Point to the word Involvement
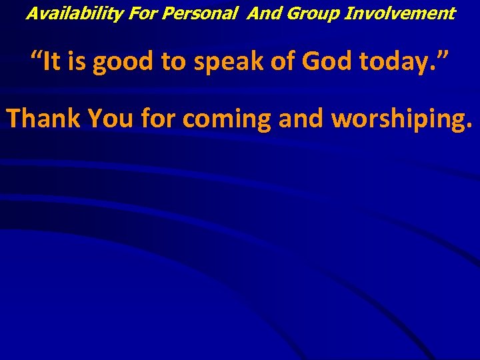pos(399,13)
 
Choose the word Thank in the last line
pos(43,119)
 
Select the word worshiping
pos(401,120)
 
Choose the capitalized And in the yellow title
pos(265,13)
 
